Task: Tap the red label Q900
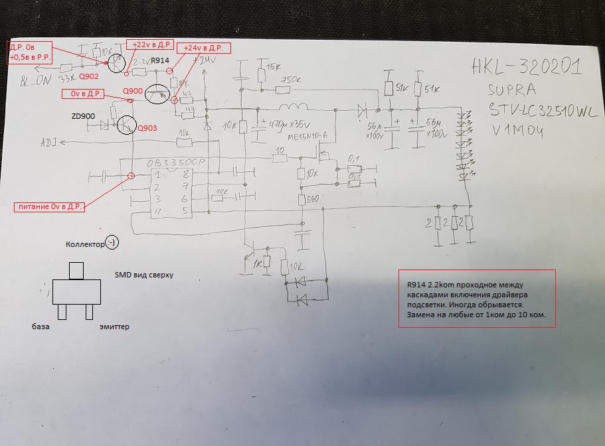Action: [133, 90]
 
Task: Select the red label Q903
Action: [148, 128]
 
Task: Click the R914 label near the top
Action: [161, 61]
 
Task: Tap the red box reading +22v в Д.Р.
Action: [150, 44]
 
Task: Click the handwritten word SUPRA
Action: [511, 88]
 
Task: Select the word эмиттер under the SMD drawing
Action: [115, 327]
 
